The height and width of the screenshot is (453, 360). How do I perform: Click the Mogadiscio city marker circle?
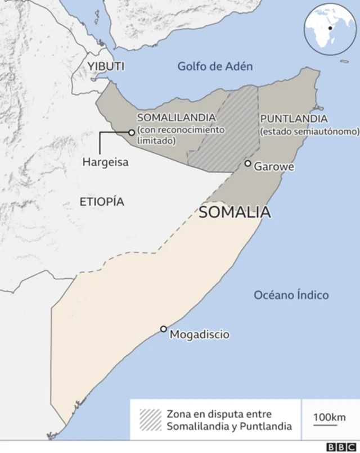(164, 329)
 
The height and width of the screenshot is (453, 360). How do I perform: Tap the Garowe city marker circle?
(247, 164)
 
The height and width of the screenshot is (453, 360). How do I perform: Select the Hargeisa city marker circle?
(131, 133)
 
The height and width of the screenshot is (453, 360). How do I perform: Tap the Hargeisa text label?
(105, 162)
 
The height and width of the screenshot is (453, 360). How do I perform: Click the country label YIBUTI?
(106, 66)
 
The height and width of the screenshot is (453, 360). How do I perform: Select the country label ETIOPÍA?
(102, 202)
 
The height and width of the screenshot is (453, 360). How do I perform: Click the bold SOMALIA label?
(235, 212)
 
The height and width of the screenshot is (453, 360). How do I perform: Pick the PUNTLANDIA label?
(293, 119)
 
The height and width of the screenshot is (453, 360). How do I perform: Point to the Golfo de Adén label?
(215, 66)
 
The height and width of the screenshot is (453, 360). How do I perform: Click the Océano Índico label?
(291, 295)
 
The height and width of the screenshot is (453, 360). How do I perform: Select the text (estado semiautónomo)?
(309, 132)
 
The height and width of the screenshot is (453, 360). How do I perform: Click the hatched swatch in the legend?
(150, 419)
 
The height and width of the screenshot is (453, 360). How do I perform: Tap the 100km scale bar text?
(329, 416)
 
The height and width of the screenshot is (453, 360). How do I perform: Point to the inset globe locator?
(329, 29)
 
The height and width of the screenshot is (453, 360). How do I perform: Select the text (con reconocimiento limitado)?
(181, 135)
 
